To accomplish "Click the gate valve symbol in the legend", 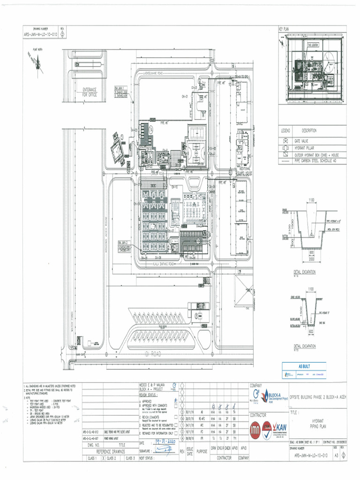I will click(285, 140).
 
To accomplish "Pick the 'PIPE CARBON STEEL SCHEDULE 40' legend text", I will click(322, 160).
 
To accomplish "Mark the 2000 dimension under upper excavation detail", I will click(311, 258).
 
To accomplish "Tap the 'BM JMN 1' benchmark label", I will click(120, 88).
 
